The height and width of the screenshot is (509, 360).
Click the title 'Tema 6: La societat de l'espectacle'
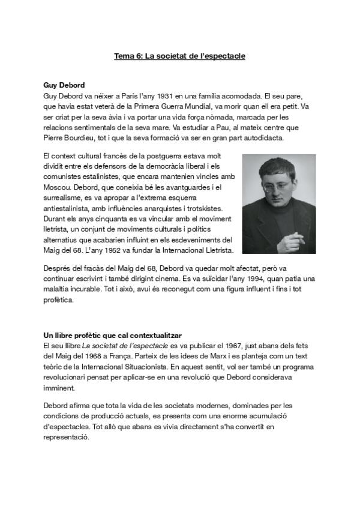tap(179, 56)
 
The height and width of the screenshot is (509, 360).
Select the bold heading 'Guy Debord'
tap(64, 85)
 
